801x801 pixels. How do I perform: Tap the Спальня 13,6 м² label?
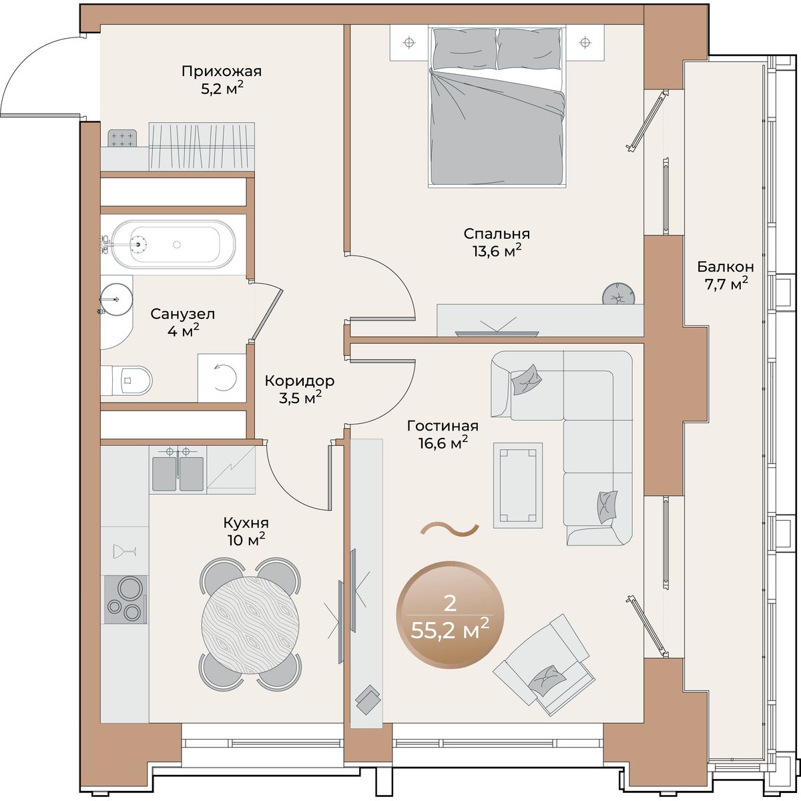[497, 242]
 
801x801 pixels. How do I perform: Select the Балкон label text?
[726, 266]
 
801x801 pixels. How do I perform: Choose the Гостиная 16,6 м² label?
[443, 435]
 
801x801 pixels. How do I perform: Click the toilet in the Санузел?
[127, 380]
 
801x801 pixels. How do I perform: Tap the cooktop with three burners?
[125, 599]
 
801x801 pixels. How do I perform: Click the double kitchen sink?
[178, 471]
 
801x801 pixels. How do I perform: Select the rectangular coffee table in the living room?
[518, 485]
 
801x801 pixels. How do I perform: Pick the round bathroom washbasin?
[116, 299]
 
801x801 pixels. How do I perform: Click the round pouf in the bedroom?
[619, 294]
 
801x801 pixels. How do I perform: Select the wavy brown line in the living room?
[450, 528]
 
